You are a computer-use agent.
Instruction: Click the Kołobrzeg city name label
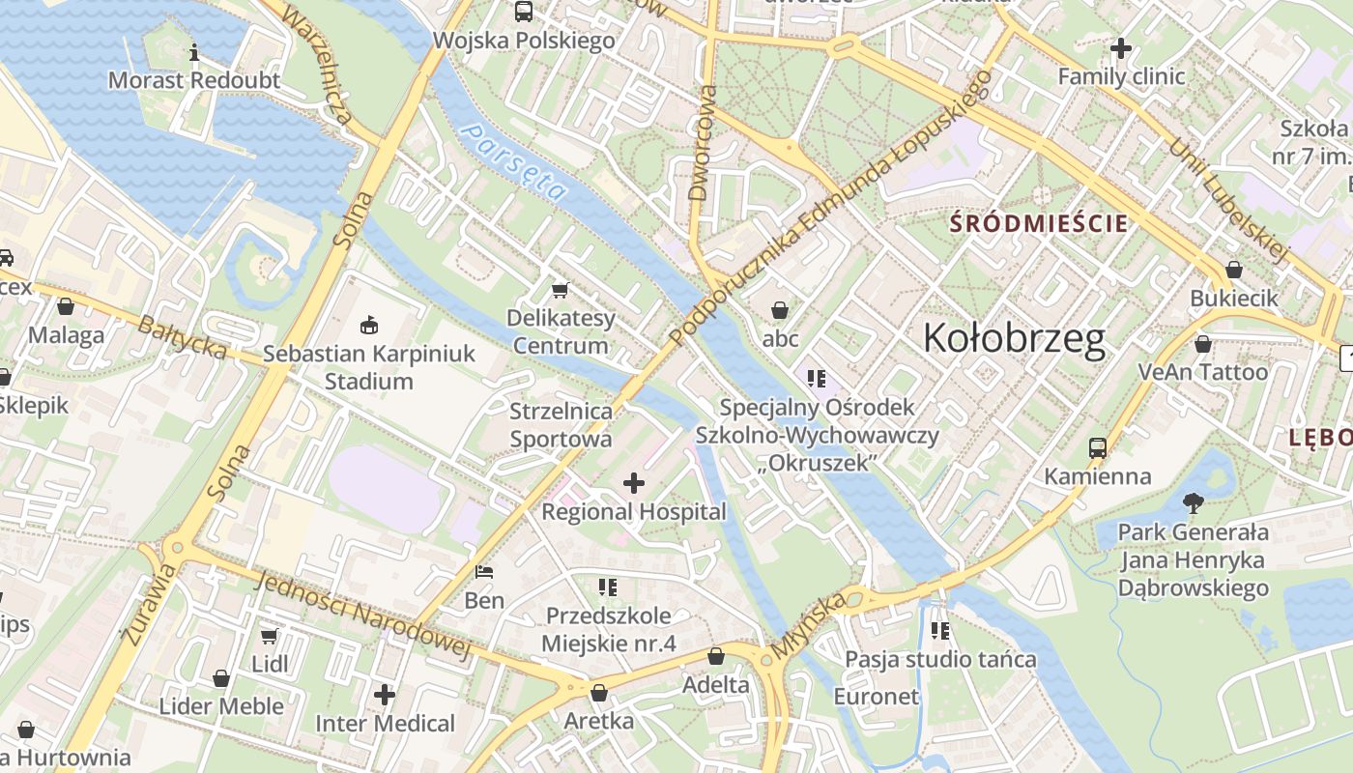pyautogui.click(x=1013, y=338)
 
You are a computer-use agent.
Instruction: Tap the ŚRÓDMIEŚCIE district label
pyautogui.click(x=1039, y=224)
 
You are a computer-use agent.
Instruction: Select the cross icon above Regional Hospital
pyautogui.click(x=634, y=482)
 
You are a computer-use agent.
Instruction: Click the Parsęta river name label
pyautogui.click(x=512, y=160)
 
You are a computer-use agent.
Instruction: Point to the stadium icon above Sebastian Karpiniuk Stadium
pyautogui.click(x=368, y=325)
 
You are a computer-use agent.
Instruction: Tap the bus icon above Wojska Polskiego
pyautogui.click(x=524, y=12)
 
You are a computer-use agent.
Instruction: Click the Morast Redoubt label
pyautogui.click(x=194, y=80)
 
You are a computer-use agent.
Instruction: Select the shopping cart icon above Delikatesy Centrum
pyautogui.click(x=560, y=289)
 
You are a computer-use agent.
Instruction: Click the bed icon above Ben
pyautogui.click(x=484, y=572)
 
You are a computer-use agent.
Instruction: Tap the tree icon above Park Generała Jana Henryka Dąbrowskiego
pyautogui.click(x=1194, y=502)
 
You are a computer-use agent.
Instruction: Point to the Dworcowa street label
pyautogui.click(x=702, y=143)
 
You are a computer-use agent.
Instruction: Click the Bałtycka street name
pyautogui.click(x=182, y=337)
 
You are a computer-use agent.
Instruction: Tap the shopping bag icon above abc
pyautogui.click(x=780, y=310)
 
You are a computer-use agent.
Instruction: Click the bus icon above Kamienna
pyautogui.click(x=1097, y=447)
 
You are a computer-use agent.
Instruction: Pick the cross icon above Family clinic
pyautogui.click(x=1121, y=46)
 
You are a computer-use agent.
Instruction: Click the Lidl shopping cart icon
pyautogui.click(x=270, y=636)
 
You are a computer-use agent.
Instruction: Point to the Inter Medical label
pyautogui.click(x=385, y=723)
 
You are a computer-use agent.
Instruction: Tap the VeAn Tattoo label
pyautogui.click(x=1202, y=372)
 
